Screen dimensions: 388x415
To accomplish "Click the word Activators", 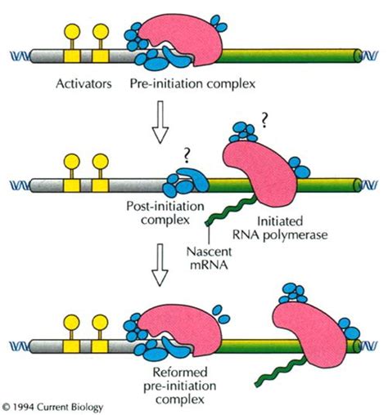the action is coord(83,84).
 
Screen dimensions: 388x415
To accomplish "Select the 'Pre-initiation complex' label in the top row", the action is coord(192,84).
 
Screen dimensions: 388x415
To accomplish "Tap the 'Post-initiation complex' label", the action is coord(165,213).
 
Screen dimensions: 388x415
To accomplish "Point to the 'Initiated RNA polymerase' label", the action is coord(280,228).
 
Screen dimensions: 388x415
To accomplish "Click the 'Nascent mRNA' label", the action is coord(209,258).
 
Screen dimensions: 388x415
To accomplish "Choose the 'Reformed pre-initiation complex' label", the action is coord(180,386).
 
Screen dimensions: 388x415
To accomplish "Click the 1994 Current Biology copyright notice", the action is coord(53,407).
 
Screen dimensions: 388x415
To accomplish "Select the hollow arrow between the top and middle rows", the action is coord(160,122).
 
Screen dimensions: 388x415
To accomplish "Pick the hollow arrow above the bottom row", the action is coord(160,265).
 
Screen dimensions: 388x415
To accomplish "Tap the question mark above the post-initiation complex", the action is coord(186,157).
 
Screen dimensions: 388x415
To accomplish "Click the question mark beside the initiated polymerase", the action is coord(264,121).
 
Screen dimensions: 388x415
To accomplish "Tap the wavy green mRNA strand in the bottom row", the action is coord(280,371).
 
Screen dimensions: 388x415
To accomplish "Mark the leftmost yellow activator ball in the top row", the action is coord(72,31).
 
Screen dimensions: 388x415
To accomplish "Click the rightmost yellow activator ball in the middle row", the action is coord(101,162).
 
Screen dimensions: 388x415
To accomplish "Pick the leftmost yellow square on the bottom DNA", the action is coord(71,346).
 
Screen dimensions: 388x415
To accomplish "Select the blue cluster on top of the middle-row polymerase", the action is coord(244,132).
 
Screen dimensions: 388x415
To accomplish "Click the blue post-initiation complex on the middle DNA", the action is coord(186,181).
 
